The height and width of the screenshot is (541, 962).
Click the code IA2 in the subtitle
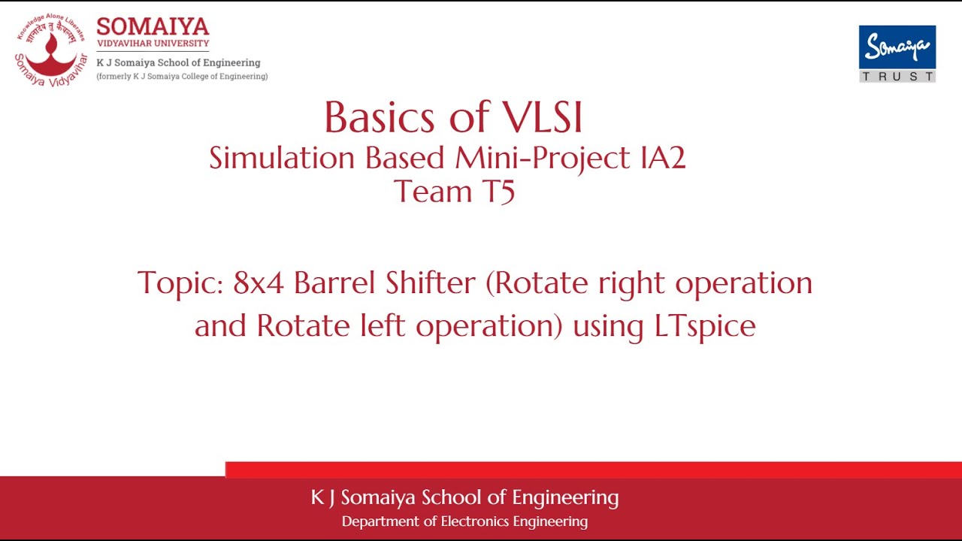click(661, 158)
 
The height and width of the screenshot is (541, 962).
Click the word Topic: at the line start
click(180, 283)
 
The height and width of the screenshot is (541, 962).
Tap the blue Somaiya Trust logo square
click(897, 47)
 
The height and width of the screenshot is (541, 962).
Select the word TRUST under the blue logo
click(897, 77)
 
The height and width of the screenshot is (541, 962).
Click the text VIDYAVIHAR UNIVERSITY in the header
click(153, 44)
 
